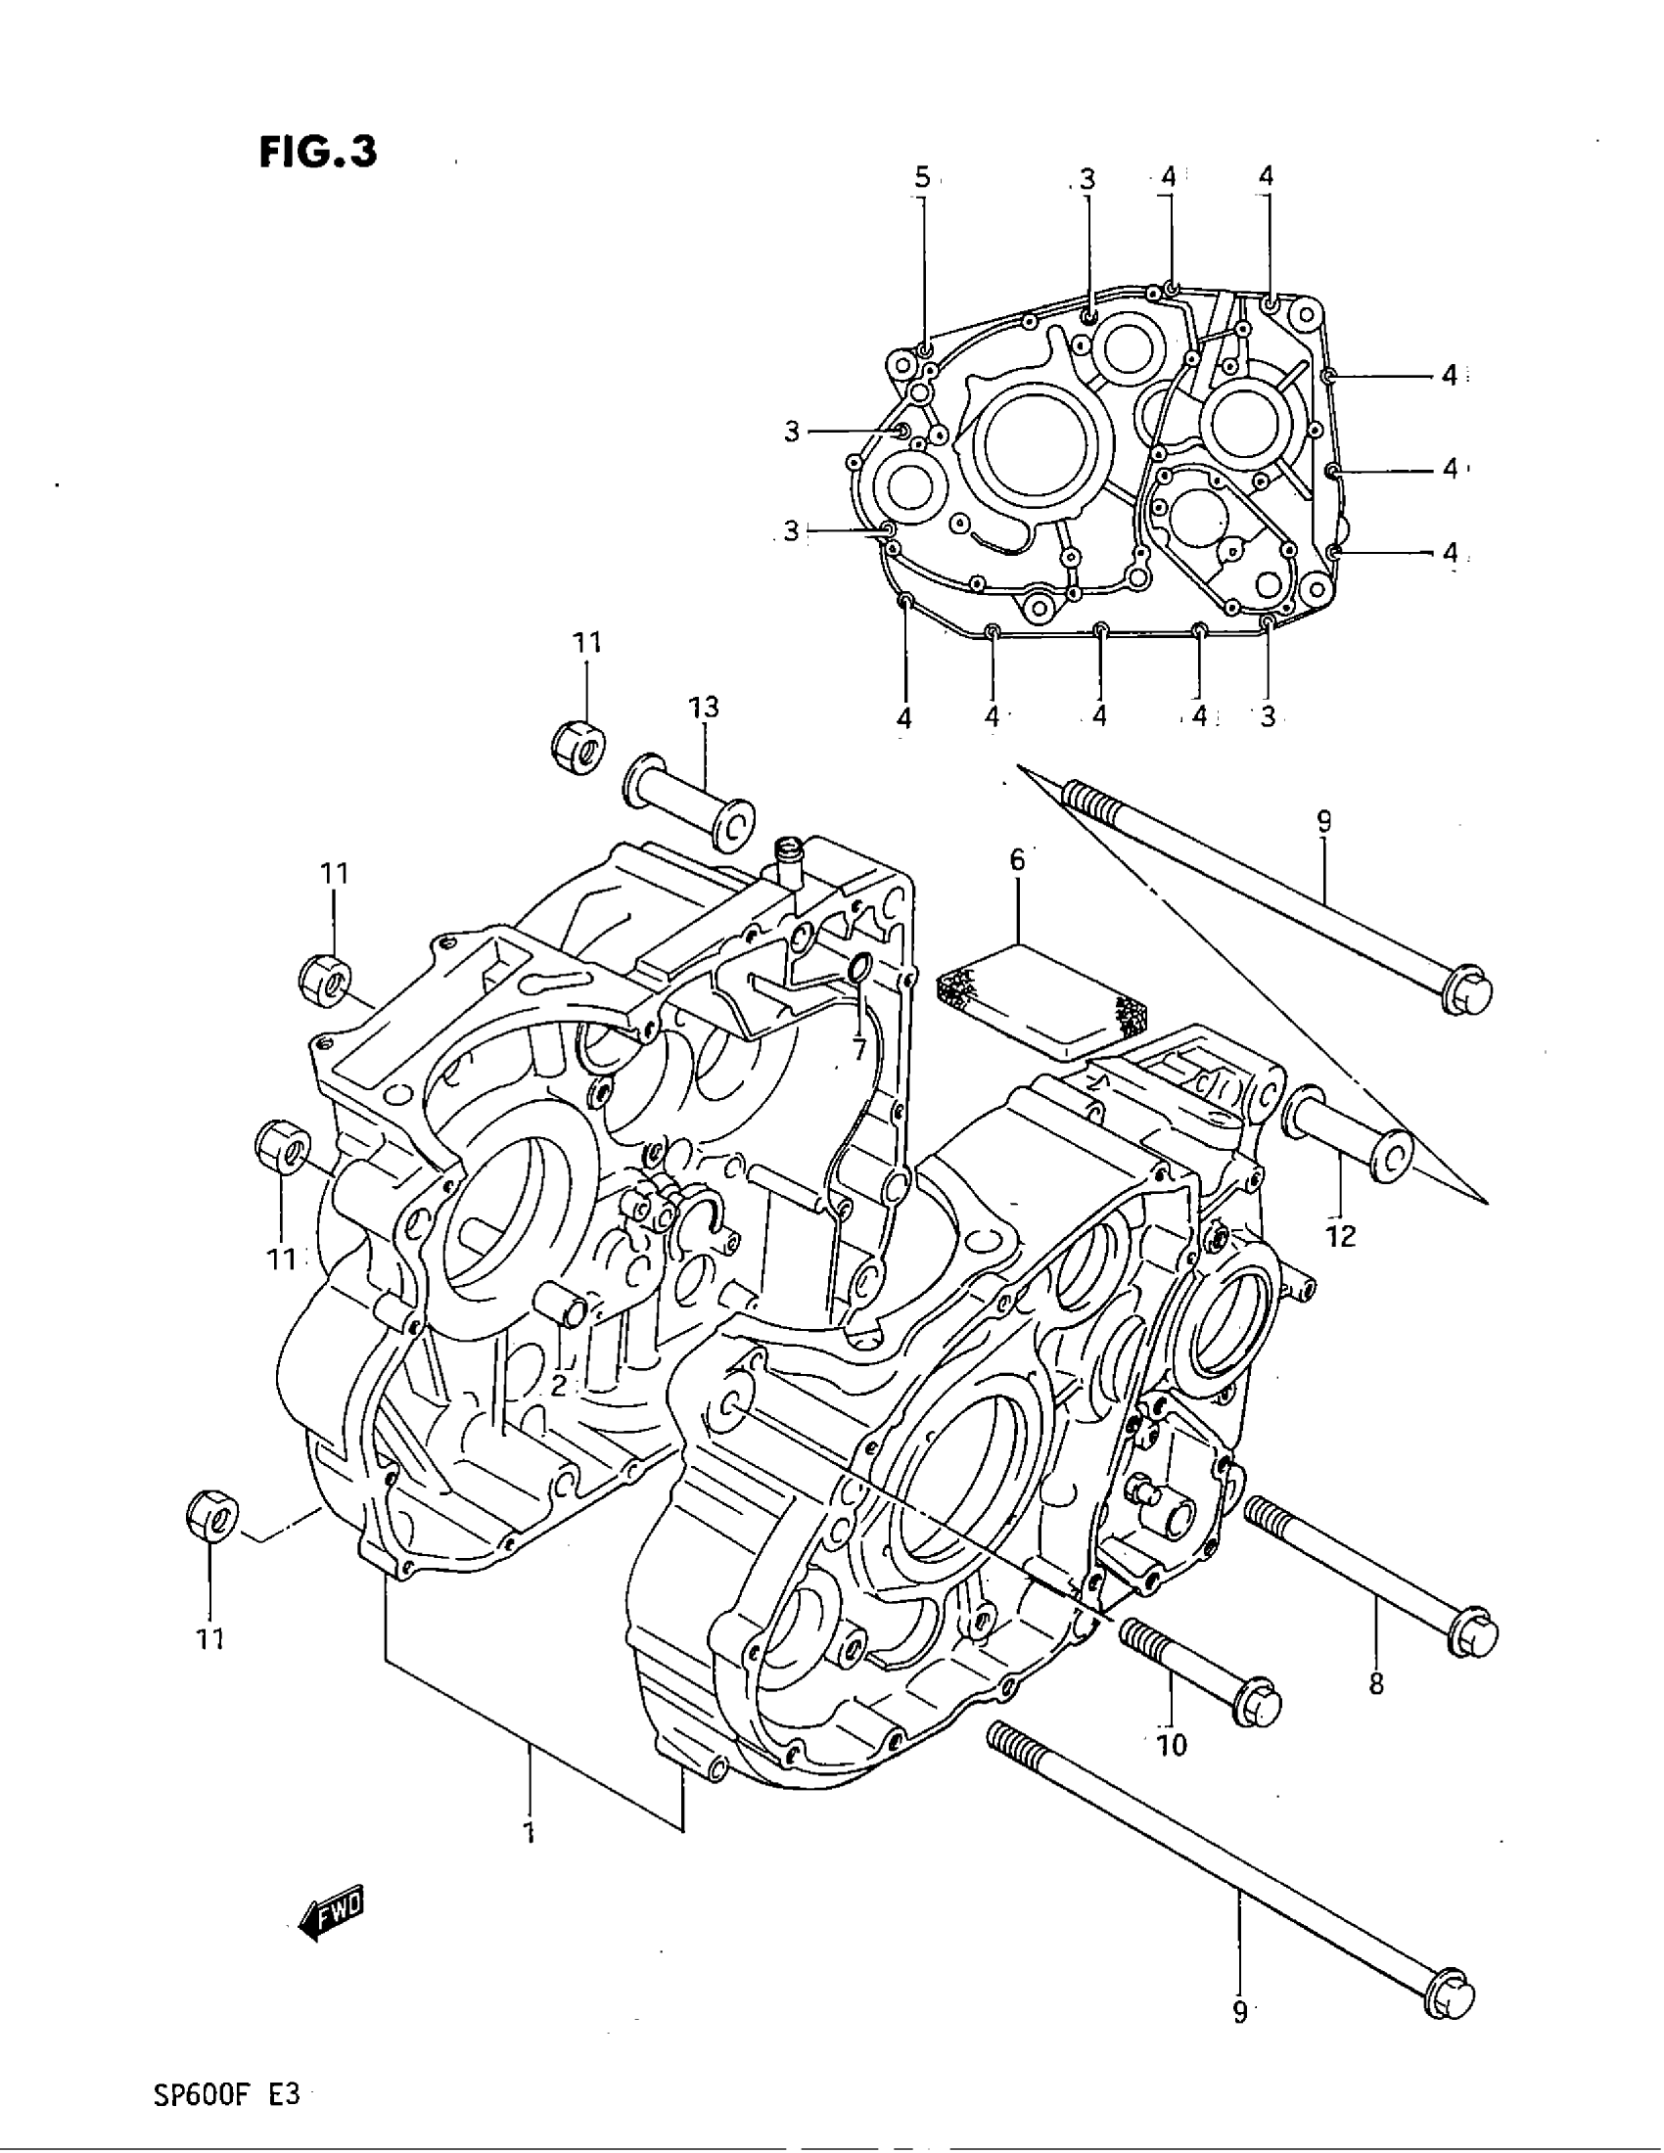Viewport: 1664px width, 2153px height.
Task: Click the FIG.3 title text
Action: coord(317,153)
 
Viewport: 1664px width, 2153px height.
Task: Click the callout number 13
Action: coord(704,707)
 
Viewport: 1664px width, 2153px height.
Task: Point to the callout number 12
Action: coord(1341,1235)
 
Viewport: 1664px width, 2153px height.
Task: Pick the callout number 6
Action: coord(1016,859)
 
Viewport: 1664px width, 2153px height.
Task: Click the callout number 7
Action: coord(858,1050)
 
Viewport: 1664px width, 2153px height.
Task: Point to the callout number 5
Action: coord(922,177)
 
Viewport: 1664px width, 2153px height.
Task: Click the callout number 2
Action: coord(558,1386)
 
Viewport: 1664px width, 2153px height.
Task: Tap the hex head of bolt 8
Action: coord(1474,1635)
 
